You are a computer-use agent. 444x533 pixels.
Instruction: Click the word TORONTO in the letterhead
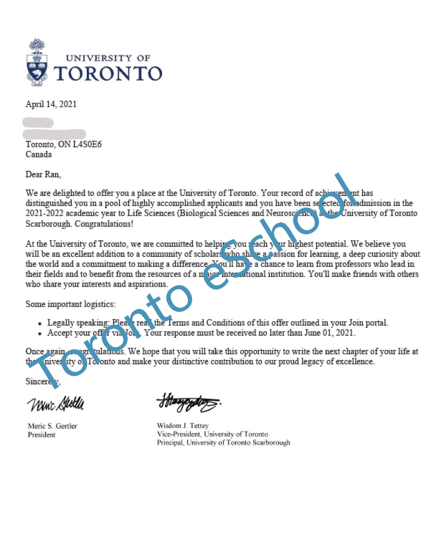coord(108,74)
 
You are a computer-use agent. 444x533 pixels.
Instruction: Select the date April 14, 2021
coord(51,104)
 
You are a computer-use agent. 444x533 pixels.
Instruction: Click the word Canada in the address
coord(38,155)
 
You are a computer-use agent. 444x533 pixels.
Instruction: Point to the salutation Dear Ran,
coord(43,174)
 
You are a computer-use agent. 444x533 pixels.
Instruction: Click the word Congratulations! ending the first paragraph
coord(104,224)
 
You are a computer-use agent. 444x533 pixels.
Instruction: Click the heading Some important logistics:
coord(70,304)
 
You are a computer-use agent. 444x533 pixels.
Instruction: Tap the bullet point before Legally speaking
coord(40,324)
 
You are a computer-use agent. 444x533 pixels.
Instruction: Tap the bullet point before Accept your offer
coord(40,334)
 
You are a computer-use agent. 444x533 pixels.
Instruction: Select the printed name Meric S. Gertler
coord(52,426)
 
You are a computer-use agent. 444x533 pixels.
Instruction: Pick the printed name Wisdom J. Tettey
coord(183,426)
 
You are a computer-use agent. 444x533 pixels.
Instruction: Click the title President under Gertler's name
coord(41,435)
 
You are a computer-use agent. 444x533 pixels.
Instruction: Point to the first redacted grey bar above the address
coord(38,122)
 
